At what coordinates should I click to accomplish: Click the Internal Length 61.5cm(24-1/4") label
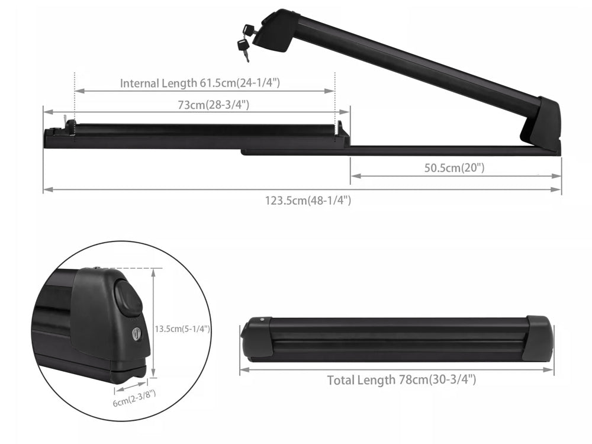point(200,83)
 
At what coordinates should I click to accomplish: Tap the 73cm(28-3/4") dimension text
point(213,105)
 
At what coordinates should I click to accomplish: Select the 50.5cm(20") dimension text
point(454,168)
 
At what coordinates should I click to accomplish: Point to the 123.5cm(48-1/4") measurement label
point(308,200)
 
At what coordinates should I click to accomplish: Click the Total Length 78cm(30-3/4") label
point(401,380)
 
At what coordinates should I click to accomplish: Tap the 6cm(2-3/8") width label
point(133,398)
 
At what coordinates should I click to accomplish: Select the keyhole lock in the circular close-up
point(137,334)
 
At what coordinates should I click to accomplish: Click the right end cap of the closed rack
point(538,339)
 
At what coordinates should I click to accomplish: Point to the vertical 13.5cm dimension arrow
point(153,323)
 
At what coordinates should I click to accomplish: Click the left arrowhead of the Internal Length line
point(78,91)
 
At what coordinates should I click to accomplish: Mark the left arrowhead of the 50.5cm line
point(353,176)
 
